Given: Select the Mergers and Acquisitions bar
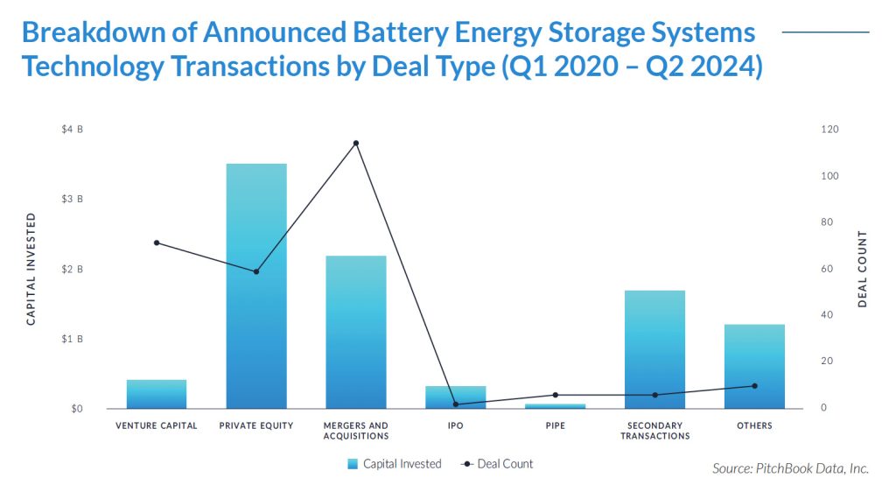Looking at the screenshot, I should point(356,332).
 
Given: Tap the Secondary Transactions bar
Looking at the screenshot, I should point(654,349).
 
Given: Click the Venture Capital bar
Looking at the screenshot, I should point(157,394).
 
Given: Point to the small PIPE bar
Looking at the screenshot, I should point(555,406).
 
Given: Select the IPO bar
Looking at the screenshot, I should point(456,397).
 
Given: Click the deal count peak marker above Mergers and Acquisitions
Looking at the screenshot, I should point(356,143).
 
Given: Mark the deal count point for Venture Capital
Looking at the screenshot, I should point(157,242).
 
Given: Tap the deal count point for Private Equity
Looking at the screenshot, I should point(256,271).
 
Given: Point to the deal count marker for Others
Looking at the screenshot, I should point(754,386).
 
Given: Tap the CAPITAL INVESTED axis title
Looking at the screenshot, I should point(31,269).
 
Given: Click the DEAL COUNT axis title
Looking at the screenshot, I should point(862,269).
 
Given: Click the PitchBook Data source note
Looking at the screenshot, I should point(790,469).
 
